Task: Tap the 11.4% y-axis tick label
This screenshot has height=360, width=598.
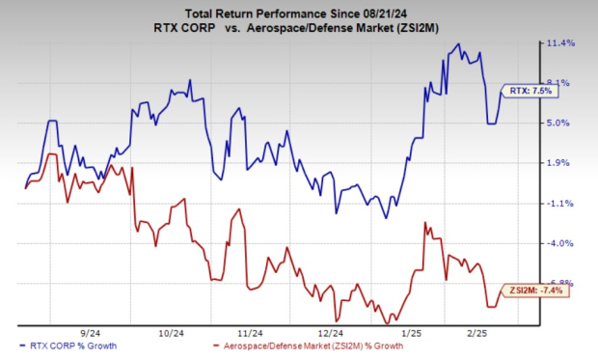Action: point(562,43)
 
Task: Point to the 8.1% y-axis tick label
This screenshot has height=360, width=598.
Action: point(562,83)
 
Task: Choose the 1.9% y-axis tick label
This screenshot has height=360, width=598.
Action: point(562,163)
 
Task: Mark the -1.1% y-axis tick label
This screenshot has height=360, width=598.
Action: point(562,204)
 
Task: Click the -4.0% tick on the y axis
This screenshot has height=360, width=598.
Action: point(562,244)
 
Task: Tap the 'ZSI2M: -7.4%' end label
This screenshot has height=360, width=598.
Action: point(535,290)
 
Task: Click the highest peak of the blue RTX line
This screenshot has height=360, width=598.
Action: point(458,43)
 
